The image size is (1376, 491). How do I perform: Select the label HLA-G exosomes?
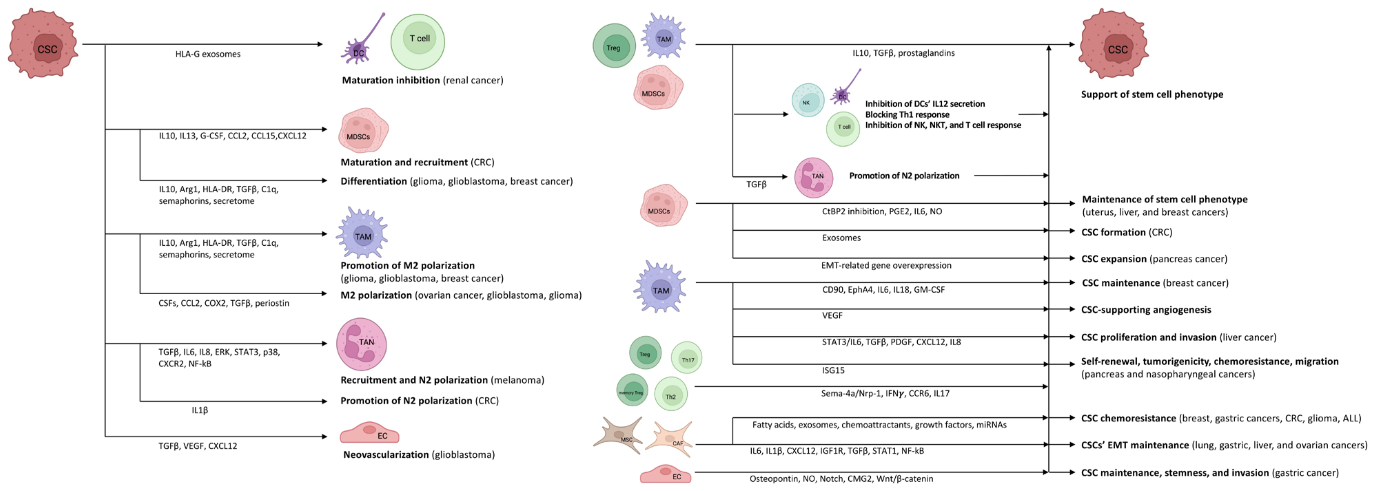[x=208, y=54]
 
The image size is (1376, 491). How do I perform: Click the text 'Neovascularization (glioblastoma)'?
[x=419, y=455]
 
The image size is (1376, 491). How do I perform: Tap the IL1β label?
[x=200, y=410]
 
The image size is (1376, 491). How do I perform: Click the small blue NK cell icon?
[x=807, y=101]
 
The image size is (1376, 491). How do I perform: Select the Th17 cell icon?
[x=686, y=358]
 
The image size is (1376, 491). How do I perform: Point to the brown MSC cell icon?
[x=620, y=436]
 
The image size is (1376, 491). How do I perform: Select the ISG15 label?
[x=833, y=370]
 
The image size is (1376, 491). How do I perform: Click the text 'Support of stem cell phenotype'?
[x=1152, y=94]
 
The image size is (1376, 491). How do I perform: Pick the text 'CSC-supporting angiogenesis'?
[x=1146, y=310]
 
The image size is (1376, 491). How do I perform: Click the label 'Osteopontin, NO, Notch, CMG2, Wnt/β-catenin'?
[x=841, y=479]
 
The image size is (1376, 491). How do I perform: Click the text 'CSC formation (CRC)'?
[x=1127, y=233]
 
